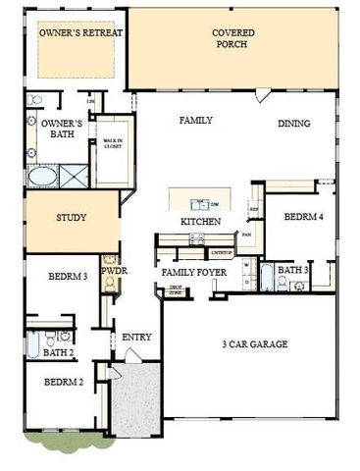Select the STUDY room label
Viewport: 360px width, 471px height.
[72, 218]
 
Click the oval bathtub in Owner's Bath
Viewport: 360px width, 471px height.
[42, 178]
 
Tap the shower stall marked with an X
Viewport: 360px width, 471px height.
[75, 178]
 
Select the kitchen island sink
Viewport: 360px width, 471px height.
[200, 204]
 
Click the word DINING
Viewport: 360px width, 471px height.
[293, 124]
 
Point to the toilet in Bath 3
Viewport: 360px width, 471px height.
[283, 284]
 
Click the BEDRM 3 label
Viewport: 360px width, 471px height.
[69, 278]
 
